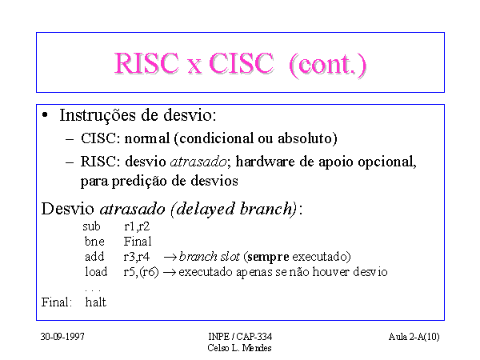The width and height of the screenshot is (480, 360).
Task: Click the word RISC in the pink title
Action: pos(146,63)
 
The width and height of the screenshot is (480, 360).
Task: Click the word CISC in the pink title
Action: pos(241,63)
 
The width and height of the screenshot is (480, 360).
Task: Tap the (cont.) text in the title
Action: pos(327,65)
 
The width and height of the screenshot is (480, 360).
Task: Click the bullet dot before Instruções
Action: pos(46,115)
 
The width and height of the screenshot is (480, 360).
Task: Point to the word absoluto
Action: pos(307,138)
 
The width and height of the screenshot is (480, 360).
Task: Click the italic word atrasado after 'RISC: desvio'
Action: pos(198,162)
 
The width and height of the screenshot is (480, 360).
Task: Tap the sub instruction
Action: pos(91,226)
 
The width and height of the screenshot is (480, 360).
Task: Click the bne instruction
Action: pos(94,242)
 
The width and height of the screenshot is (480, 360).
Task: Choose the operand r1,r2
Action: pos(137,226)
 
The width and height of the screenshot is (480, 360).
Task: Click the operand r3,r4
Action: pos(137,257)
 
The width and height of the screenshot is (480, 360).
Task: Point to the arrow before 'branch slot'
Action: pos(170,257)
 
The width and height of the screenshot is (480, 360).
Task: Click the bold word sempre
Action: pos(268,257)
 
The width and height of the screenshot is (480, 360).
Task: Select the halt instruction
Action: pos(95,302)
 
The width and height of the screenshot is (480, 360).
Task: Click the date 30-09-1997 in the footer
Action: pos(62,337)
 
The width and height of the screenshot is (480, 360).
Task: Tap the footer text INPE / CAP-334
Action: pos(240,337)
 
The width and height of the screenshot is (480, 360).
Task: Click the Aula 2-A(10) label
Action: pos(414,337)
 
